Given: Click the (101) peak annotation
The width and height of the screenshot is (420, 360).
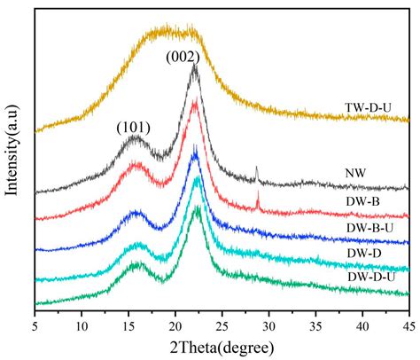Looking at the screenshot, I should [133, 127].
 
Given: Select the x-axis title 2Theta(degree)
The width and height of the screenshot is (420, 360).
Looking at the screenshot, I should [222, 344].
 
